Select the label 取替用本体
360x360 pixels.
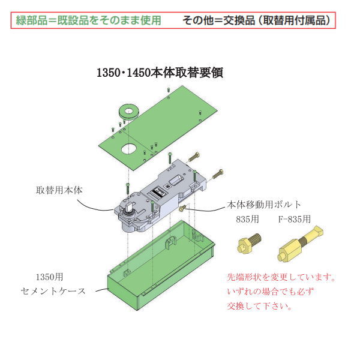[58, 190]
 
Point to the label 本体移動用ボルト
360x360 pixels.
[264, 204]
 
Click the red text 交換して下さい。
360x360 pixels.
[260, 306]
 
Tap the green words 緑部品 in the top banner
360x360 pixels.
[31, 20]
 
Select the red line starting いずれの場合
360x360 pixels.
[270, 292]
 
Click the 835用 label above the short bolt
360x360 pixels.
[247, 219]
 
